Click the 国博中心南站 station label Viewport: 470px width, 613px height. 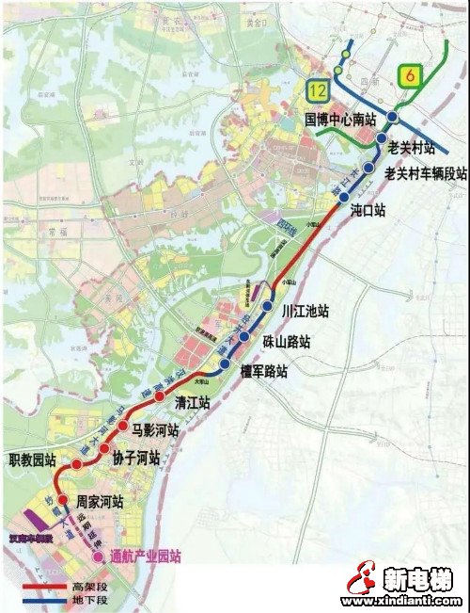pyautogui.click(x=340, y=120)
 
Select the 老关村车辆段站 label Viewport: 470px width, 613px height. pyautogui.click(x=426, y=174)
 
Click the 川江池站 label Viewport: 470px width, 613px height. pyautogui.click(x=305, y=311)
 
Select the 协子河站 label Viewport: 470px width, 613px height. pyautogui.click(x=136, y=459)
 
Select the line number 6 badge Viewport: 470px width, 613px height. pyautogui.click(x=409, y=74)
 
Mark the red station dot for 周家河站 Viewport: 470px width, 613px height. pyautogui.click(x=62, y=500)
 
